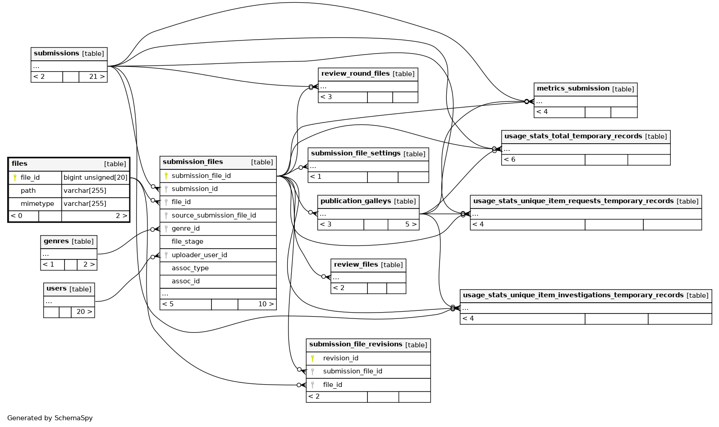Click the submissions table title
pyautogui.click(x=56, y=53)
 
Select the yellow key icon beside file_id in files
pyautogui.click(x=15, y=177)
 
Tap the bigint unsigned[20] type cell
pyautogui.click(x=96, y=177)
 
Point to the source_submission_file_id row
pyautogui.click(x=214, y=215)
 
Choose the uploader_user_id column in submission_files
pyautogui.click(x=199, y=255)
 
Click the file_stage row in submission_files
pyautogui.click(x=188, y=241)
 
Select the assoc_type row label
pyautogui.click(x=190, y=268)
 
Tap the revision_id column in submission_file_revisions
pyautogui.click(x=341, y=358)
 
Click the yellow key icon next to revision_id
pyautogui.click(x=312, y=358)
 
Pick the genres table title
pyautogui.click(x=56, y=241)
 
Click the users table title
pyautogui.click(x=56, y=289)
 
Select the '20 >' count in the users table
pyautogui.click(x=84, y=312)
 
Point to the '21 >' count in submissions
pyautogui.click(x=97, y=77)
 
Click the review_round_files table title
pyautogui.click(x=355, y=73)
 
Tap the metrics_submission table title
pyautogui.click(x=573, y=89)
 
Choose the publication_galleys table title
pyautogui.click(x=356, y=201)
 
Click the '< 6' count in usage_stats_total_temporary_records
pyautogui.click(x=509, y=159)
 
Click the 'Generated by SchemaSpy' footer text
pyautogui.click(x=50, y=418)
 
